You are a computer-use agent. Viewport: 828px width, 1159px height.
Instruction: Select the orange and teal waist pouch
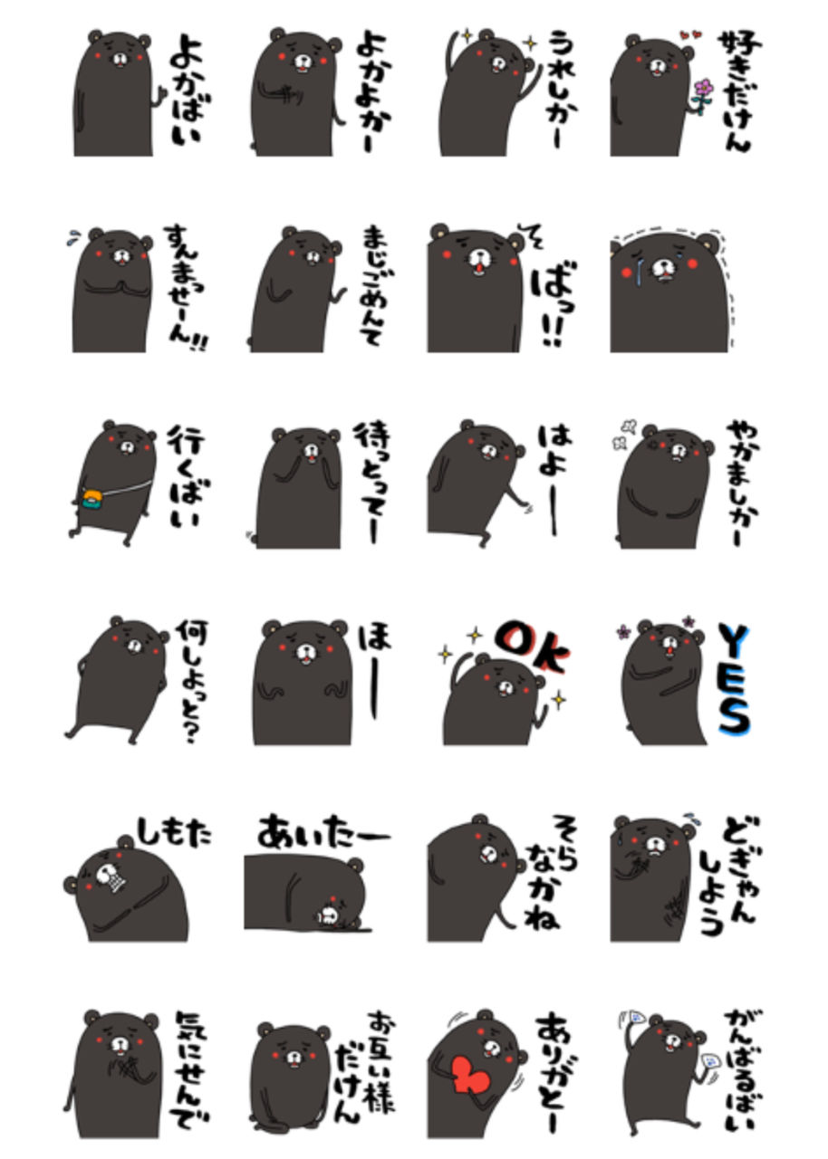93,500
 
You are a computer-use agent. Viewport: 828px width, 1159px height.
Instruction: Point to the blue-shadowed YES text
734,678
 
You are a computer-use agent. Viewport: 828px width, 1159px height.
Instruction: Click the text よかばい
188,91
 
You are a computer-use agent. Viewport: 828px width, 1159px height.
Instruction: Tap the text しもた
175,829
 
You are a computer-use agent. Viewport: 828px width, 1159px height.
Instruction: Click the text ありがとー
556,1072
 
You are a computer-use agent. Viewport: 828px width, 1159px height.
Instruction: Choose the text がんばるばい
739,1072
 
